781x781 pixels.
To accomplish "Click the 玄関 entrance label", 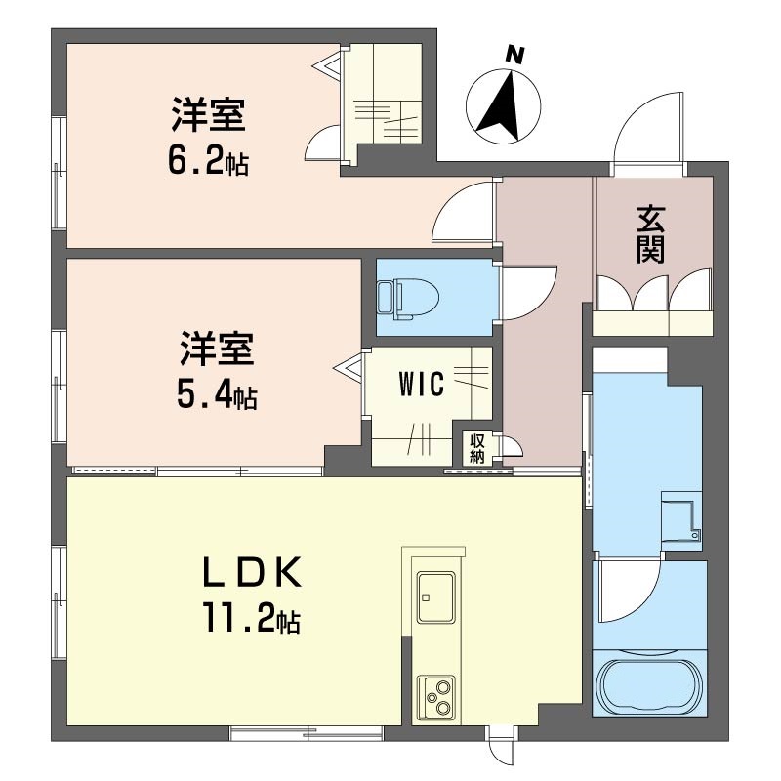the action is pyautogui.click(x=650, y=234).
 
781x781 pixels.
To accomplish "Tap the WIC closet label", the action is pyautogui.click(x=422, y=385).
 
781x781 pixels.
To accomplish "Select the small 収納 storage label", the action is pyautogui.click(x=477, y=448).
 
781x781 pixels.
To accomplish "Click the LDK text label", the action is pyautogui.click(x=252, y=572).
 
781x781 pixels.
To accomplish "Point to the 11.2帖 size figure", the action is pyautogui.click(x=251, y=618).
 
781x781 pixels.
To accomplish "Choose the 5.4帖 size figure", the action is pyautogui.click(x=217, y=395).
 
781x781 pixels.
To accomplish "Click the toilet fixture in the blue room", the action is pyautogui.click(x=408, y=300).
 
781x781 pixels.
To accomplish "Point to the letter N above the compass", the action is pyautogui.click(x=515, y=55).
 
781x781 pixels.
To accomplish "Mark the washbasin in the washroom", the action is pyautogui.click(x=680, y=520).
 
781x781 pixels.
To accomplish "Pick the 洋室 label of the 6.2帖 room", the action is pyautogui.click(x=209, y=115).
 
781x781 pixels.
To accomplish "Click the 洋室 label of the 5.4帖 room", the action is pyautogui.click(x=217, y=349).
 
